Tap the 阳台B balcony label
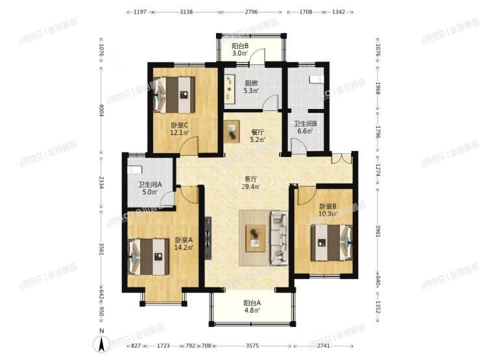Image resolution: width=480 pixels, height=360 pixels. pyautogui.click(x=241, y=49)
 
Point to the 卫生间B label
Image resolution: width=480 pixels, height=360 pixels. pyautogui.click(x=305, y=127)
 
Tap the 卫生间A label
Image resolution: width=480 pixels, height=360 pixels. pyautogui.click(x=150, y=188)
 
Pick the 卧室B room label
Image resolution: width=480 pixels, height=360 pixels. pyautogui.click(x=327, y=210)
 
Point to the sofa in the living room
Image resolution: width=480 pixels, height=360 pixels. pyautogui.click(x=280, y=237)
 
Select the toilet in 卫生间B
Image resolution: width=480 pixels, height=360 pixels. pyautogui.click(x=315, y=78)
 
